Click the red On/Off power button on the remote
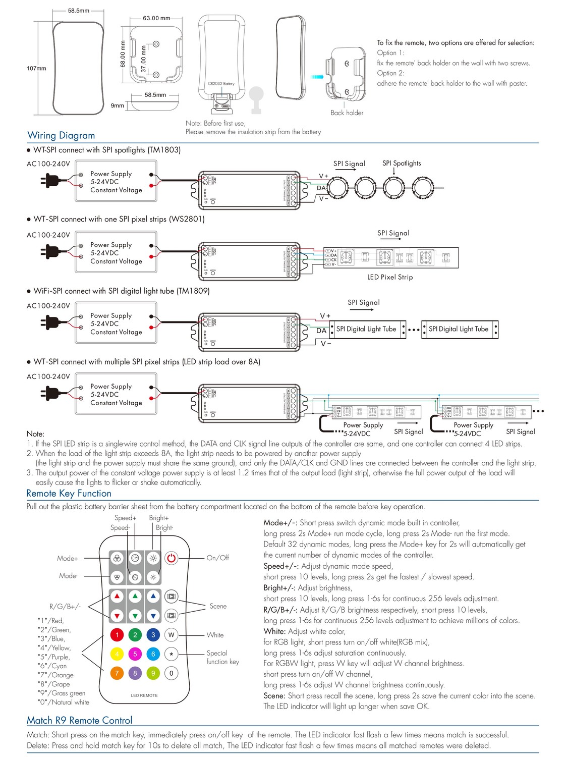pos(172,558)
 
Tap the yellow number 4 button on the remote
pos(117,654)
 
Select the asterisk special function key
pos(172,654)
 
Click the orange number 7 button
pos(117,673)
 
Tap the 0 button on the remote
pos(172,673)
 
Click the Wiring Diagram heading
pos(61,135)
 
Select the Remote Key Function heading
pos(69,494)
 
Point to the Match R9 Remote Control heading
pos(79,720)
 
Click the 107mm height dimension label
pos(36,68)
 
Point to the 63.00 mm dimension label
pos(156,18)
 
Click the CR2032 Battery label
pos(221,84)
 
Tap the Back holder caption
pos(347,113)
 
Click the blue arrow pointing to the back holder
pos(317,77)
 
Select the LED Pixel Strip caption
pos(389,277)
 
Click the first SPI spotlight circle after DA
pos(337,187)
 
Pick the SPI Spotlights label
pos(401,163)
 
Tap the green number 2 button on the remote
pos(135,635)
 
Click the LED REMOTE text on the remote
pos(144,695)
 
